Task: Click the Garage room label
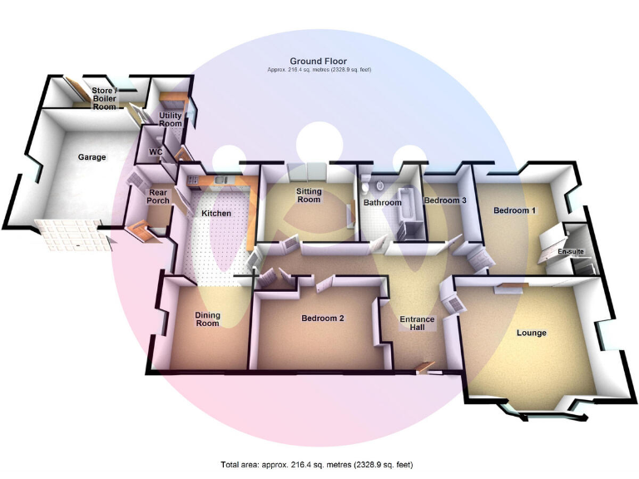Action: (x=92, y=156)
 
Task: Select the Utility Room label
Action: (x=170, y=119)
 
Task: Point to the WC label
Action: (x=155, y=152)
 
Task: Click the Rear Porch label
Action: (x=158, y=196)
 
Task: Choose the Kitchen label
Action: (x=216, y=214)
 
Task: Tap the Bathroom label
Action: (x=382, y=203)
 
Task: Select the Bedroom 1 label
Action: (x=514, y=210)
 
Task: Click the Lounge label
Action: (x=532, y=333)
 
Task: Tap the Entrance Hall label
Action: (x=417, y=323)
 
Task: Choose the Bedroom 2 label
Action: (x=323, y=319)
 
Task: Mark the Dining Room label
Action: (x=207, y=319)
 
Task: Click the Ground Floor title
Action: (x=319, y=61)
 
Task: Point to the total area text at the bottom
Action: (x=317, y=464)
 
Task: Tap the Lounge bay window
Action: (x=532, y=407)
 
